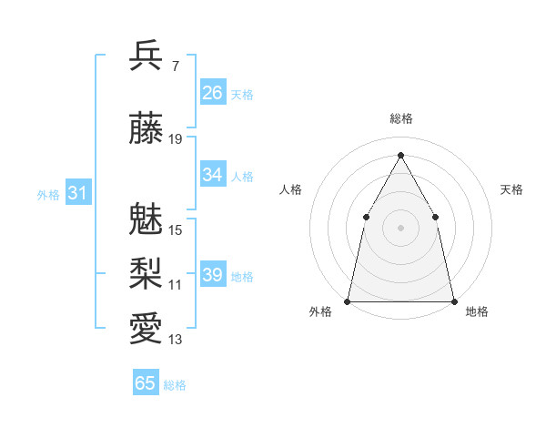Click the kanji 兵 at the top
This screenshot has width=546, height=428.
[147, 56]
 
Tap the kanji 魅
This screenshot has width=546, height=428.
[147, 218]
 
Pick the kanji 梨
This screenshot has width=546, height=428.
[147, 272]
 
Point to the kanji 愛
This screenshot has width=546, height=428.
[147, 329]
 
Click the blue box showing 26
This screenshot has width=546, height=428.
[213, 93]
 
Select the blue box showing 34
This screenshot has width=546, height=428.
[213, 175]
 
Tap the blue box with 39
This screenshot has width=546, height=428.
[213, 275]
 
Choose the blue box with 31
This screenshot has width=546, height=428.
[77, 193]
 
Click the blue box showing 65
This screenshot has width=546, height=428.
[146, 383]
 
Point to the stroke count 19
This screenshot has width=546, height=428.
[176, 139]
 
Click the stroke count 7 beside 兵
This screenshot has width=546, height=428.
[176, 66]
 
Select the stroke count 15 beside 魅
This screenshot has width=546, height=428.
[176, 230]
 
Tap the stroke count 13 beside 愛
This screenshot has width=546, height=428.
[176, 341]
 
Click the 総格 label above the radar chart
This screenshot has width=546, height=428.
[400, 118]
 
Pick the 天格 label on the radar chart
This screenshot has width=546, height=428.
[511, 189]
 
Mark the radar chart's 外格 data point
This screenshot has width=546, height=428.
[348, 301]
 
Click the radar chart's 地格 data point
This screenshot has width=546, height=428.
[453, 301]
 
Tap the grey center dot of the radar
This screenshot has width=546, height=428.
[400, 227]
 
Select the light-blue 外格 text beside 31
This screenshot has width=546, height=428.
[48, 194]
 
